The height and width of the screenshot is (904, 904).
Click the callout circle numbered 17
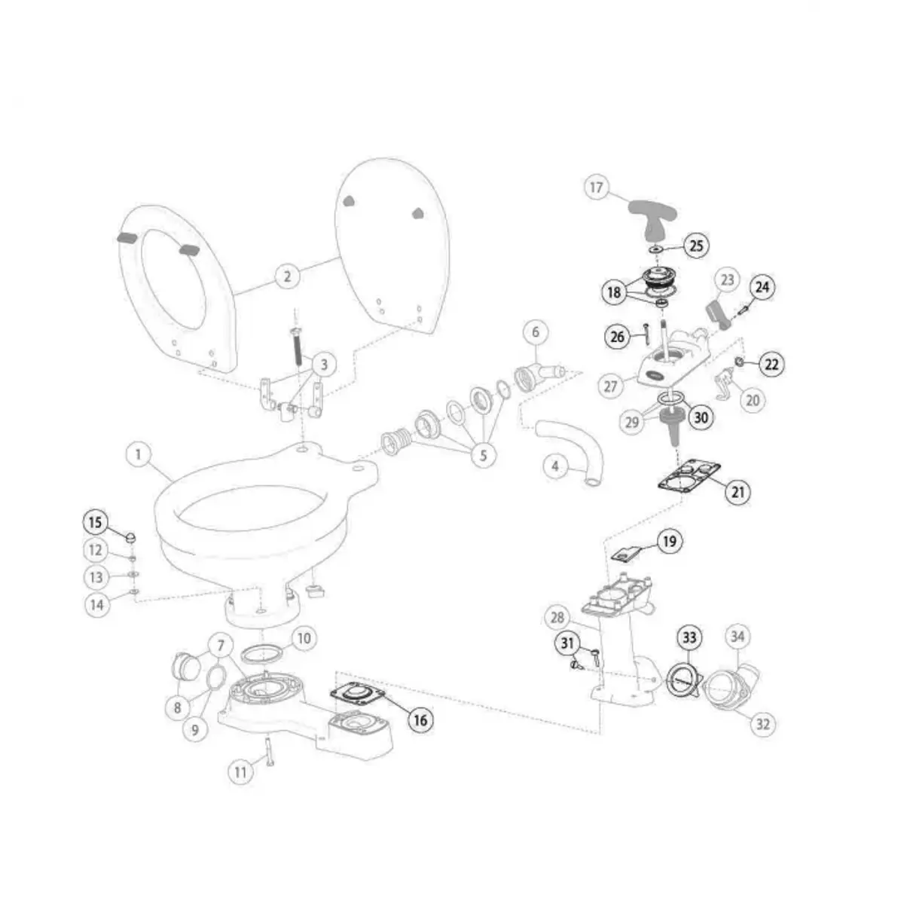pos(597,187)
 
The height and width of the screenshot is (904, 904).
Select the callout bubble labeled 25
pos(695,245)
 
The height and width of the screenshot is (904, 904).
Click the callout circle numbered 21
pos(738,492)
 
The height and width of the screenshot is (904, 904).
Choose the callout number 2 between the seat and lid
pos(287,276)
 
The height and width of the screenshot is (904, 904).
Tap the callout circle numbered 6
pos(536,331)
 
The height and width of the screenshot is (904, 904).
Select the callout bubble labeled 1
pos(139,455)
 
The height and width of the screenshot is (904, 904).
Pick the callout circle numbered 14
pos(96,604)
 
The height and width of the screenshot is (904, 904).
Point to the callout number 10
pos(302,640)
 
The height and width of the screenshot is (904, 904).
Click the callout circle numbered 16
pos(420,720)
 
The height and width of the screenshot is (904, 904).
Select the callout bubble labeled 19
pos(670,541)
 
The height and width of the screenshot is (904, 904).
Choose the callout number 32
pos(762,724)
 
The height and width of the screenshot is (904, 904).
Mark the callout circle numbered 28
pos(557,618)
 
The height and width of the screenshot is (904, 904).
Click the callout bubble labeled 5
pos(483,455)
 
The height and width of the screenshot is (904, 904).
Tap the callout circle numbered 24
pos(762,287)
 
